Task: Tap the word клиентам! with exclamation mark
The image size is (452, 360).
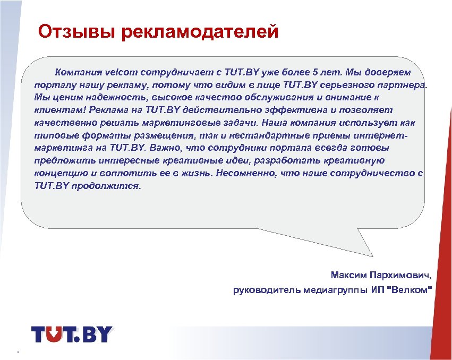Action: coord(60,110)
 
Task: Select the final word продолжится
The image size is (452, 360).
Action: coord(114,186)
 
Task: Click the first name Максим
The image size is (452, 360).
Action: coord(347,276)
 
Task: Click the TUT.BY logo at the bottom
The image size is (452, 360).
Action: coord(72,334)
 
